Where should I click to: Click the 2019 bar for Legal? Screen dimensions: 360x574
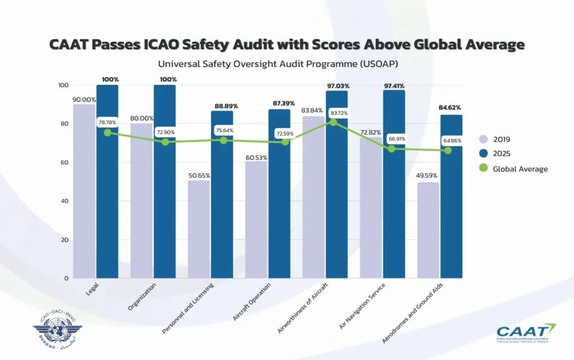tap(84, 191)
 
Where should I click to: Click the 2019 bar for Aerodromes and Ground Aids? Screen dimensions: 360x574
tap(428, 230)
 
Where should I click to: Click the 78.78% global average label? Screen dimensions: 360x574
tap(108, 122)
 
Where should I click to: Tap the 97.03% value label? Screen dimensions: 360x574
tap(338, 86)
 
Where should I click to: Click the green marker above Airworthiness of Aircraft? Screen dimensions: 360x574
tap(333, 123)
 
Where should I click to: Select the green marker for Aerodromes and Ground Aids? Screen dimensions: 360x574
tap(447, 150)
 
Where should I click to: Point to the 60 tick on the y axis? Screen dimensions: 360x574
tap(63, 163)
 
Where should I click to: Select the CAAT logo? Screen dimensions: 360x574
tap(526, 332)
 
